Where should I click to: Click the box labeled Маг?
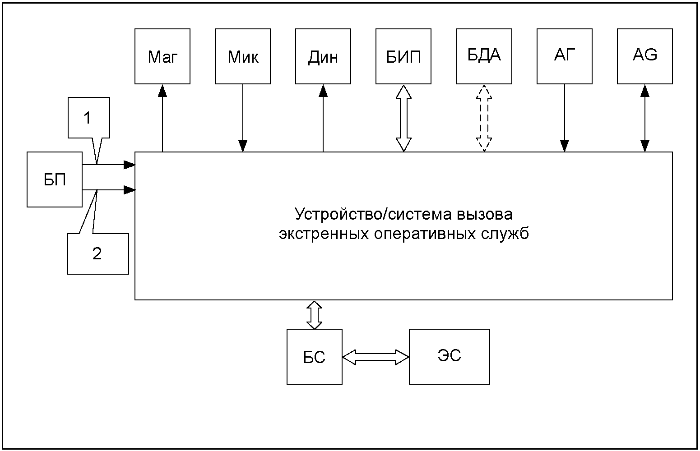(162, 56)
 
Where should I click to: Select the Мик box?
(242, 56)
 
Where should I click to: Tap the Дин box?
(323, 56)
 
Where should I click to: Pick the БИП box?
(403, 56)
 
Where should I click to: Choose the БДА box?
(484, 56)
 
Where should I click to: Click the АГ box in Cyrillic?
(564, 56)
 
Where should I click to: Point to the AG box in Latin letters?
(644, 56)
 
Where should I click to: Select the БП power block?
(54, 179)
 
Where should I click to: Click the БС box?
(315, 356)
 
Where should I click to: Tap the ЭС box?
(450, 356)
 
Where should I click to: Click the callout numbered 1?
(89, 117)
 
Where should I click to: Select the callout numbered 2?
(98, 253)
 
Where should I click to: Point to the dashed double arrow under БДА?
(484, 118)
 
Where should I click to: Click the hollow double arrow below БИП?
(403, 118)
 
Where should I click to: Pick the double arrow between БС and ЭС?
(375, 357)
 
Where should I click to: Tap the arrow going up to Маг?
(162, 118)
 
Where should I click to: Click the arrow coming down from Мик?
(243, 118)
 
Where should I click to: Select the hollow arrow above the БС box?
(315, 315)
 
